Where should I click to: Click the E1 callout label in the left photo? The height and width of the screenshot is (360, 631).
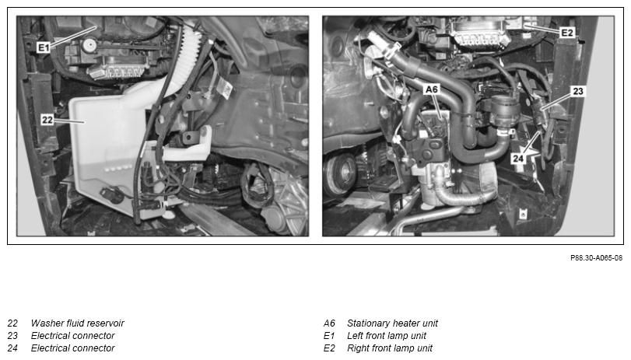[x=44, y=48]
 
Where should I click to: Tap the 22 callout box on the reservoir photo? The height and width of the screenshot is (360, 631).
[x=47, y=120]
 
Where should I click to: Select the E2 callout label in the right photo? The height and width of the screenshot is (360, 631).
[x=567, y=33]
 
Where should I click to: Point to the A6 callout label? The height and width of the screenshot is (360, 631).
[x=432, y=89]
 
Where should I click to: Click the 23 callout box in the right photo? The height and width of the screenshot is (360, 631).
[x=578, y=91]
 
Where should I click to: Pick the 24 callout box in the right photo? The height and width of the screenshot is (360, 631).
[x=518, y=159]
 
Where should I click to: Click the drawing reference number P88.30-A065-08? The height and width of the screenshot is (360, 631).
[x=596, y=258]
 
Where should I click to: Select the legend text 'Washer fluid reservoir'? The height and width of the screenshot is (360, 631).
[x=77, y=323]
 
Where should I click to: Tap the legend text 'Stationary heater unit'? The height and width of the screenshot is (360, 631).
[x=392, y=323]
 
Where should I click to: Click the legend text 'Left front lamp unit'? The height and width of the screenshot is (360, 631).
[x=387, y=336]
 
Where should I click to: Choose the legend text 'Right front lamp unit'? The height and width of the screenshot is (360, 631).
[x=390, y=348]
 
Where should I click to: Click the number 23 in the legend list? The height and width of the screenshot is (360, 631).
[x=12, y=336]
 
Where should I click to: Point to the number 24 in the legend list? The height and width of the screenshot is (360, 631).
[x=12, y=348]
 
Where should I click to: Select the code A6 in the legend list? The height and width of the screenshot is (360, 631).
[x=329, y=323]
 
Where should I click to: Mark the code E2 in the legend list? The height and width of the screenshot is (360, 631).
[x=329, y=348]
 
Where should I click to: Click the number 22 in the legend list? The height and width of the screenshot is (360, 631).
[x=12, y=323]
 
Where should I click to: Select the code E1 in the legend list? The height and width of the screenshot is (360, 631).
[x=329, y=336]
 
